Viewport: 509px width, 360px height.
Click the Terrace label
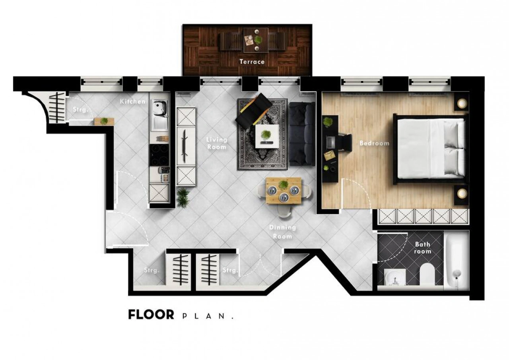coord(252,62)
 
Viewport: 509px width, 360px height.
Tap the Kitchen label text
coord(133,101)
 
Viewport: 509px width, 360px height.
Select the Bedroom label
coord(375,143)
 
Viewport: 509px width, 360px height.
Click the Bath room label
coord(423,248)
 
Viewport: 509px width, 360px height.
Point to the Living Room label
coord(217,143)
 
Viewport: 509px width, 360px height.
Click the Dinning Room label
coord(282,232)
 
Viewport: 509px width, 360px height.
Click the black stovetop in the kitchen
coord(159,155)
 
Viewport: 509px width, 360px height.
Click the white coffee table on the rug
coord(267,136)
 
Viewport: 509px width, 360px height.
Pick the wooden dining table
coord(284,191)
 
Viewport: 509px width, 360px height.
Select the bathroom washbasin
coord(395,277)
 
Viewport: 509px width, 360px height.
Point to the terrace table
coord(256,40)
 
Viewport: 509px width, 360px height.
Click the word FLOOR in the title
coord(151,315)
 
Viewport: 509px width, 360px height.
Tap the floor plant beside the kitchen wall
coord(183,197)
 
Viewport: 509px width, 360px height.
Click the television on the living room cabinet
coord(185,146)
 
